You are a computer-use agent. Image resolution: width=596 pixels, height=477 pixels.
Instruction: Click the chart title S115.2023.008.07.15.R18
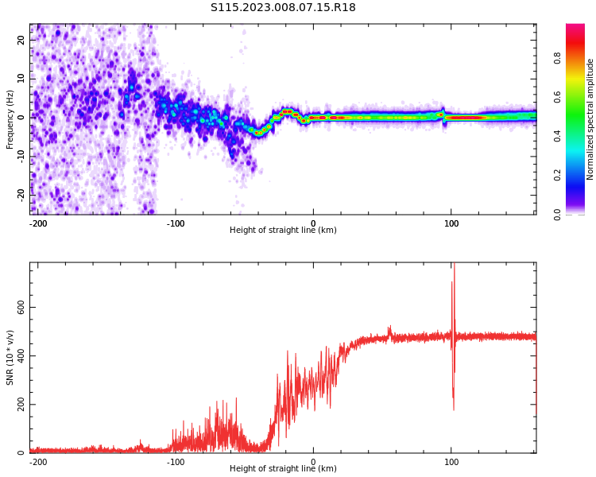(283, 8)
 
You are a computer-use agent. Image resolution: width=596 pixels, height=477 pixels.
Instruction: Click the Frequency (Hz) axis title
(10, 119)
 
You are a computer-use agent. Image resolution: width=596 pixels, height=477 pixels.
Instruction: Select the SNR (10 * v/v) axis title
(10, 358)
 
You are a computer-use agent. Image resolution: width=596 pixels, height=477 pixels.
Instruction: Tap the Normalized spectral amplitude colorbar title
(590, 119)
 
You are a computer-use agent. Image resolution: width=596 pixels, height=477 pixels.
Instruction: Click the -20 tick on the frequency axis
(20, 194)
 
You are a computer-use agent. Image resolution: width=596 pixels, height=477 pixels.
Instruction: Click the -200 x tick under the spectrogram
(38, 223)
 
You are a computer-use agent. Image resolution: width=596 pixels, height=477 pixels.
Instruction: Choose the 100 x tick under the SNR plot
(451, 462)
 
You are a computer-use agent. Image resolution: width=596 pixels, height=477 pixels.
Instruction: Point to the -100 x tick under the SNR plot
(176, 462)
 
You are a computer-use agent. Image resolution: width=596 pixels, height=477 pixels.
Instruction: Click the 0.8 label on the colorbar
(557, 58)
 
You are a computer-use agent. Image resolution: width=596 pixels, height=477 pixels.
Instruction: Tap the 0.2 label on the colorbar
(557, 175)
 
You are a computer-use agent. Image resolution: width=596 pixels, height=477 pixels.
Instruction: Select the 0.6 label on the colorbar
(557, 97)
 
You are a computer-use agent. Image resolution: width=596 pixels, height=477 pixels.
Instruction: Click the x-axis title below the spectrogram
(283, 231)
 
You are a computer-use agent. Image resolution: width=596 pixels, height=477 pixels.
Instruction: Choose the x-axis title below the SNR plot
(283, 469)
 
